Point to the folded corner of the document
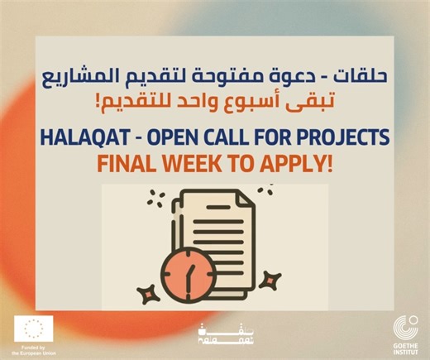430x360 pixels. pyautogui.click(x=248, y=203)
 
